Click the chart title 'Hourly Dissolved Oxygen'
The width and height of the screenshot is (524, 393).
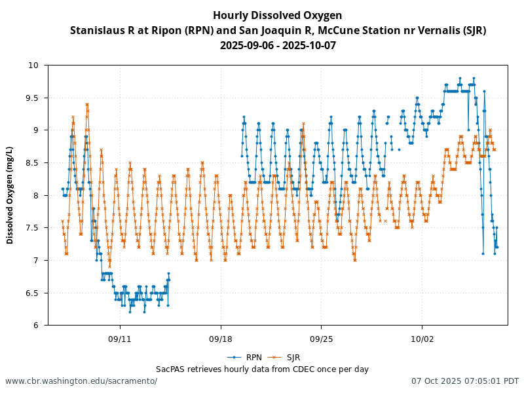[x=278, y=15]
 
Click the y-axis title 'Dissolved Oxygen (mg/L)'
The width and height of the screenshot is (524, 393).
[x=10, y=195]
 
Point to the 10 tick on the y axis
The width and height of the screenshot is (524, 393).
[x=33, y=65]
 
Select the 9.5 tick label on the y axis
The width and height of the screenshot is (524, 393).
[x=33, y=98]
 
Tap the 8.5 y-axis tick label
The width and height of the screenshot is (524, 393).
[x=33, y=162]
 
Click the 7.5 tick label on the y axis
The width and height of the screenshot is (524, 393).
[x=33, y=227]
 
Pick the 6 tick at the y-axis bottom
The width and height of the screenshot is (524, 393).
[x=35, y=325]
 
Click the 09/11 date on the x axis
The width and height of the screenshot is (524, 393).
[x=120, y=339]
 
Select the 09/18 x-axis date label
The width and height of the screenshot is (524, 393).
[x=221, y=339]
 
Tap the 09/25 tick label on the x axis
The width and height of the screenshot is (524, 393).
[x=321, y=339]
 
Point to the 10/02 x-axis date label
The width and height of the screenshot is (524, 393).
[x=422, y=339]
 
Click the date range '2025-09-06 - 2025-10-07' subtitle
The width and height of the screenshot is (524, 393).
[x=278, y=45]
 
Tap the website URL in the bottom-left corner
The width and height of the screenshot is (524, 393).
[x=81, y=381]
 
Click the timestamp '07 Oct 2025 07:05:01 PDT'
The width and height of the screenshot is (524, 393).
[x=465, y=381]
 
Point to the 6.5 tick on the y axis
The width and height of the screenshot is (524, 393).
[x=33, y=293]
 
